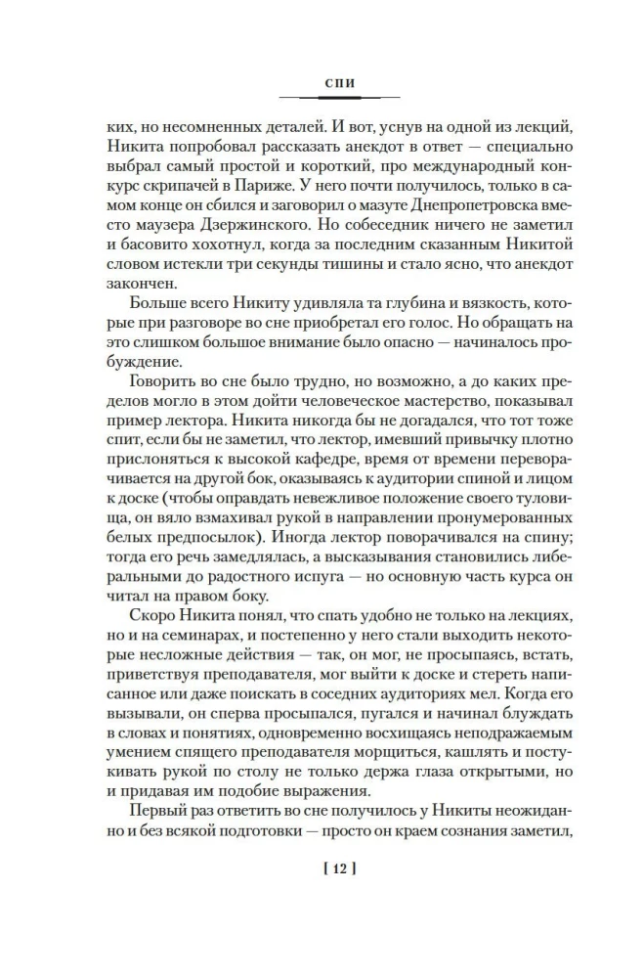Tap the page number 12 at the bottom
click(337, 867)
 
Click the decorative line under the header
click(338, 97)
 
